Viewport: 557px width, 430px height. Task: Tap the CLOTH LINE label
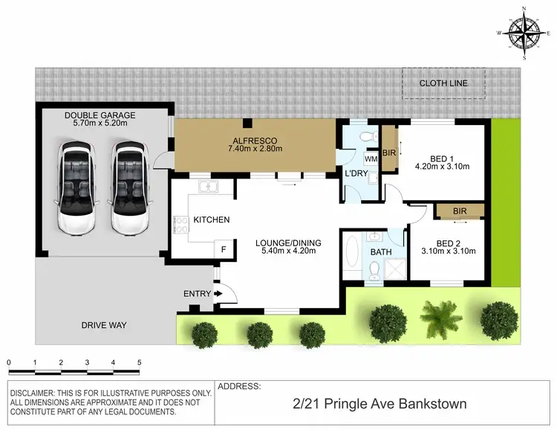tap(443, 83)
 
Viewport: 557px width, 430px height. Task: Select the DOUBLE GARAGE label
tap(100, 115)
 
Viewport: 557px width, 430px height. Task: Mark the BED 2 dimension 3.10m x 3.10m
tap(446, 251)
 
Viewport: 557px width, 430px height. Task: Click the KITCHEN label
tap(212, 219)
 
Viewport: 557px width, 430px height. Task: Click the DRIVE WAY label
tap(105, 325)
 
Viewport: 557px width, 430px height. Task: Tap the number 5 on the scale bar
tap(139, 363)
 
